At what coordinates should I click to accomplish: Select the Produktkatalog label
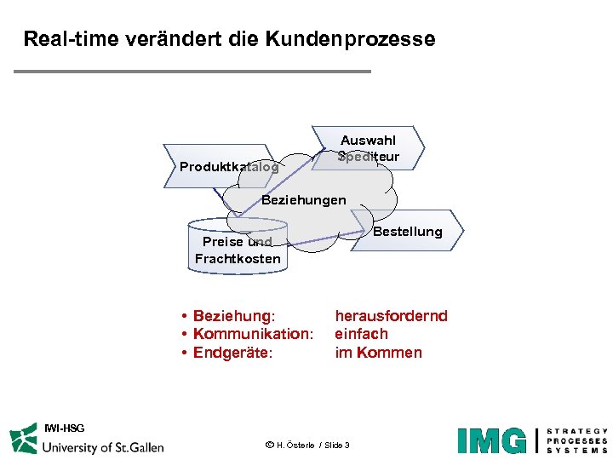(x=228, y=167)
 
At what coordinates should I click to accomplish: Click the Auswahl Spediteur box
(x=368, y=148)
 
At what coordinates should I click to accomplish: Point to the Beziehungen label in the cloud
(x=303, y=200)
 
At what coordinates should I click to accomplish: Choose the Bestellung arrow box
(x=409, y=231)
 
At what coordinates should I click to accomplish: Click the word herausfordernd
(x=391, y=316)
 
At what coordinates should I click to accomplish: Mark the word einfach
(x=361, y=334)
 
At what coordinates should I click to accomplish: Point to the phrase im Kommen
(x=378, y=353)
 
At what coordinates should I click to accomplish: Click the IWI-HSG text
(x=64, y=427)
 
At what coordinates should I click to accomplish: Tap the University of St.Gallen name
(x=103, y=446)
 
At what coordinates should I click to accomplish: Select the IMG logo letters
(x=491, y=440)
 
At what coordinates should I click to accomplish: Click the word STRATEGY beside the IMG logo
(x=576, y=432)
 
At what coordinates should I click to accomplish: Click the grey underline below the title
(x=192, y=71)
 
